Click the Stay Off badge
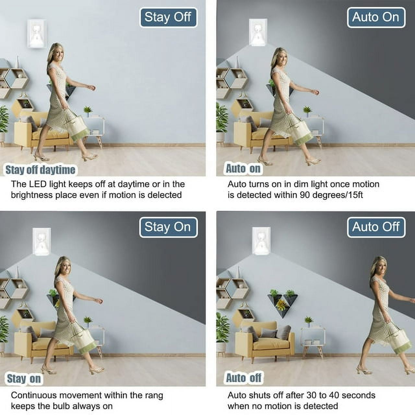(x=168, y=18)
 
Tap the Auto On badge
(x=376, y=18)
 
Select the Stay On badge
(x=168, y=227)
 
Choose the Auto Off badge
(x=376, y=227)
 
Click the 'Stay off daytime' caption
(x=40, y=170)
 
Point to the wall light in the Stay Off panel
(x=37, y=34)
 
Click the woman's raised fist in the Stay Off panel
(x=93, y=88)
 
